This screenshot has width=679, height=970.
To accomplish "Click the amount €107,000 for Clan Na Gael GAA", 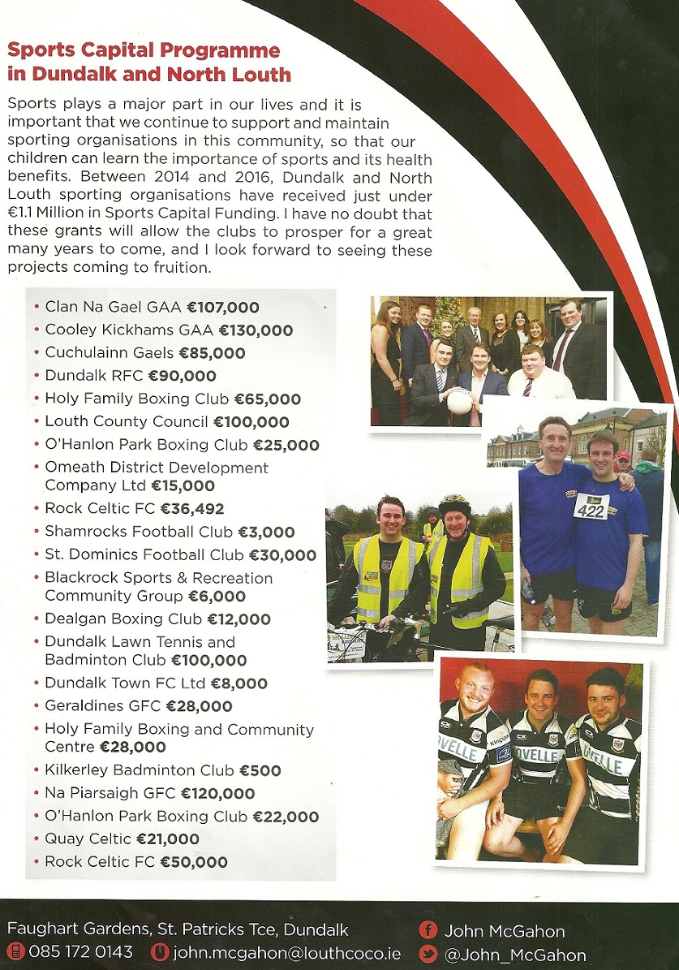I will tap(222, 308).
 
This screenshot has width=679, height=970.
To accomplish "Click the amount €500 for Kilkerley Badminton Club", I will tap(261, 770).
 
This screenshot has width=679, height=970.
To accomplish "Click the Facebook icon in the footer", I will tap(428, 931).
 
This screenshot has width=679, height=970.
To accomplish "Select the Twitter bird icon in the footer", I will tap(428, 955).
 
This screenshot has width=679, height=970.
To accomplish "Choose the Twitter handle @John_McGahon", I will tap(515, 955).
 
